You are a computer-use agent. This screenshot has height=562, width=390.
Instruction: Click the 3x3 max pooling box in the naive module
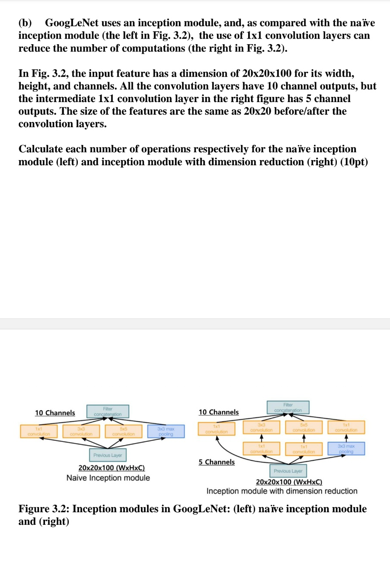[x=166, y=431]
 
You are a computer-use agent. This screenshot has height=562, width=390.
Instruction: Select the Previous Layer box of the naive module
[x=108, y=455]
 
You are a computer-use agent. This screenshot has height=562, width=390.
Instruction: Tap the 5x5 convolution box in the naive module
[x=123, y=431]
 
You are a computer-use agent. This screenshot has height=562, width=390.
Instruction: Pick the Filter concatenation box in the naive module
[x=108, y=411]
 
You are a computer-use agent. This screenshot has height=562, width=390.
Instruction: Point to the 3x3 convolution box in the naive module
[x=81, y=431]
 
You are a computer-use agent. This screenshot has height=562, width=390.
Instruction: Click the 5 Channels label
[x=217, y=462]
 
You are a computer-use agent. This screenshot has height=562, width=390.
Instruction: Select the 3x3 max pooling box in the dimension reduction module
[x=346, y=448]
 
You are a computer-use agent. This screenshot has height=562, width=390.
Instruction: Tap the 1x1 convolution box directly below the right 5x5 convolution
[x=304, y=449]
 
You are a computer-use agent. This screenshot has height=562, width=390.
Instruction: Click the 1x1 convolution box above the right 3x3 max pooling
[x=346, y=427]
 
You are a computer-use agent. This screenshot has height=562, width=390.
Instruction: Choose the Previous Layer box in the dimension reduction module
[x=288, y=471]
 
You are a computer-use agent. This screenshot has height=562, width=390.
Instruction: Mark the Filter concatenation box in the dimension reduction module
[x=288, y=407]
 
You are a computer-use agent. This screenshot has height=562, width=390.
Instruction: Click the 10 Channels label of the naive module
[x=55, y=413]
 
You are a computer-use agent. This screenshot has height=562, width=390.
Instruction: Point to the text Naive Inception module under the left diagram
[x=108, y=478]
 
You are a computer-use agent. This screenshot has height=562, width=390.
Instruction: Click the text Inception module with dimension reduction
[x=282, y=491]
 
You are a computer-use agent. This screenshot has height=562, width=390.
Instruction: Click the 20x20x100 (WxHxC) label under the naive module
[x=111, y=468]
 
